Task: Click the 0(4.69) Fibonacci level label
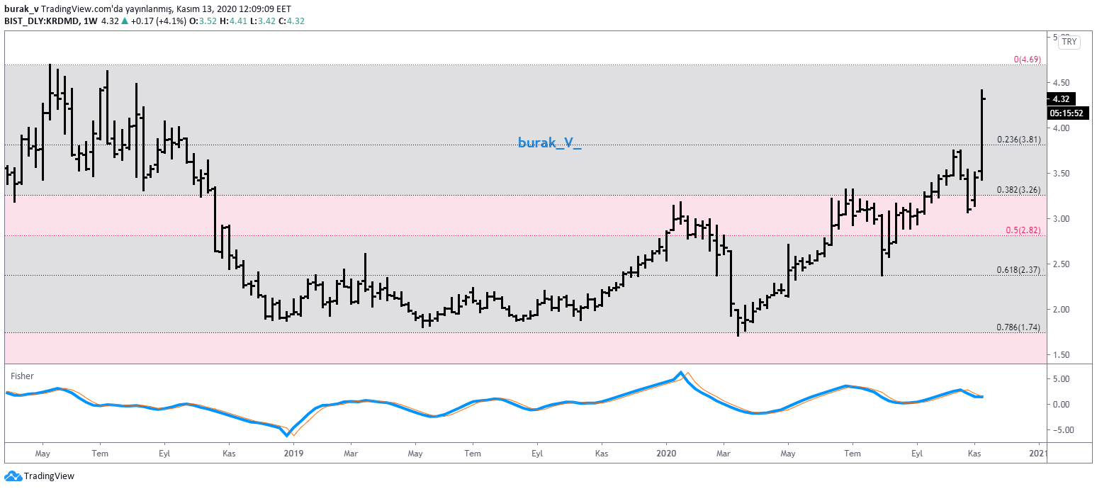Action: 1027,60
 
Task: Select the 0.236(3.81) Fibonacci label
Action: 1018,140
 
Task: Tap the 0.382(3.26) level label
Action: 1018,190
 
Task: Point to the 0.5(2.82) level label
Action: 1023,230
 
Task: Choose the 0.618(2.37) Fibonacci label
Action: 1018,270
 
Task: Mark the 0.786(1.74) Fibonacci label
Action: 1018,327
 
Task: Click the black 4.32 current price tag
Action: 1061,99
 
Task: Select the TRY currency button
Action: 1069,43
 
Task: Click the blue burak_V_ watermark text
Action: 549,144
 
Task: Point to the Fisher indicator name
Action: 22,376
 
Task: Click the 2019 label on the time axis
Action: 293,453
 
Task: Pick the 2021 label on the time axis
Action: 1038,453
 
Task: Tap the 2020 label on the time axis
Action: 667,453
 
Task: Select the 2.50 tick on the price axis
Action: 1061,264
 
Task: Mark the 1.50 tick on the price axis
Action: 1061,355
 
